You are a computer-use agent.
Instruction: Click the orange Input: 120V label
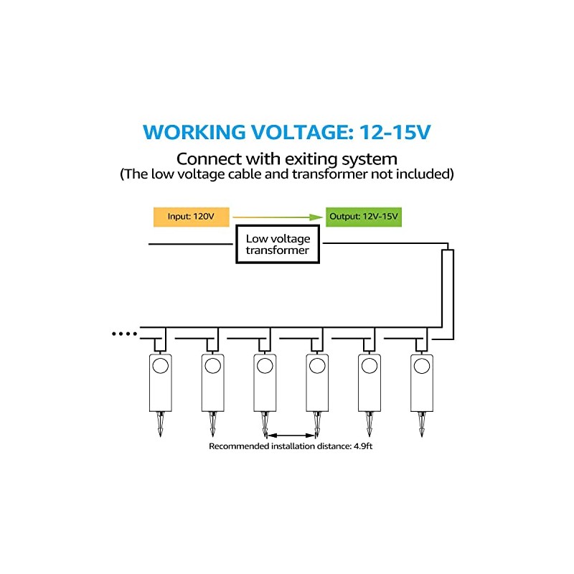point(190,217)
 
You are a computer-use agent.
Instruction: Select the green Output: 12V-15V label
point(363,217)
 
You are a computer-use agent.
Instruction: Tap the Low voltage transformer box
point(278,245)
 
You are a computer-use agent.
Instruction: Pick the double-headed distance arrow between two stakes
point(291,434)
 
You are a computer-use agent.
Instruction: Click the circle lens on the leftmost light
point(160,366)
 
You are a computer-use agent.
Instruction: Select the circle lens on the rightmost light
point(421,366)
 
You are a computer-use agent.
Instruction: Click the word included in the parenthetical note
point(427,174)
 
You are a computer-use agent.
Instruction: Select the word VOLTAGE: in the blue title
point(293,133)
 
